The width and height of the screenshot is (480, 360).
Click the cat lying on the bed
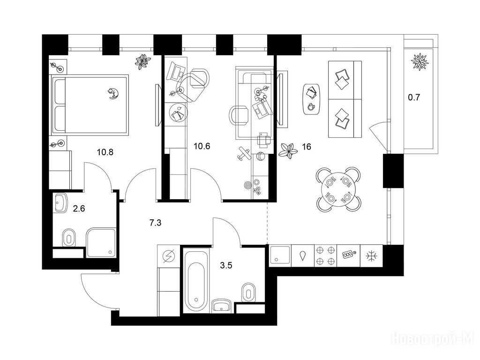(x=112, y=93)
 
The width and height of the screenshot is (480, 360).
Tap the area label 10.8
(x=105, y=152)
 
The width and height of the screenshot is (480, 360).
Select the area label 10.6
(x=202, y=146)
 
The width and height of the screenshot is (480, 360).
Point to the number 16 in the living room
(x=307, y=147)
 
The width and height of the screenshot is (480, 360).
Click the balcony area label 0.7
(x=414, y=97)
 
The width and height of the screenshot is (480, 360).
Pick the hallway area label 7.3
(x=155, y=223)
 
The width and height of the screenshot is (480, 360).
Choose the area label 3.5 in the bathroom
(x=226, y=265)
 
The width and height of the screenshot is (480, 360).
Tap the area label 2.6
(x=79, y=209)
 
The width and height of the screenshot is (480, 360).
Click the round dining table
(x=338, y=190)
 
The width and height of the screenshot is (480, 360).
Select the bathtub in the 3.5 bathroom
(x=196, y=281)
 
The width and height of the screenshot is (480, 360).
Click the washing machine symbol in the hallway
(x=168, y=256)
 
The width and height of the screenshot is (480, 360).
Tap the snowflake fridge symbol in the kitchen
(x=371, y=256)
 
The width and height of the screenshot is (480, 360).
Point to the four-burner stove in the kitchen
(x=325, y=255)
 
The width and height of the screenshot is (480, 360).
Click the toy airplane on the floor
(x=243, y=154)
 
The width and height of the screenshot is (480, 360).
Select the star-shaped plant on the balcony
(x=420, y=61)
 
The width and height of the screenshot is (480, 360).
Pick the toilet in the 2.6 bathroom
(x=69, y=238)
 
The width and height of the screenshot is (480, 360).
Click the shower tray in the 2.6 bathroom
(x=101, y=243)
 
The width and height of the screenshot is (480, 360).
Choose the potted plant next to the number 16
(x=288, y=150)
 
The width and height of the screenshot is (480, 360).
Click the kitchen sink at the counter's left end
(x=280, y=255)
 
